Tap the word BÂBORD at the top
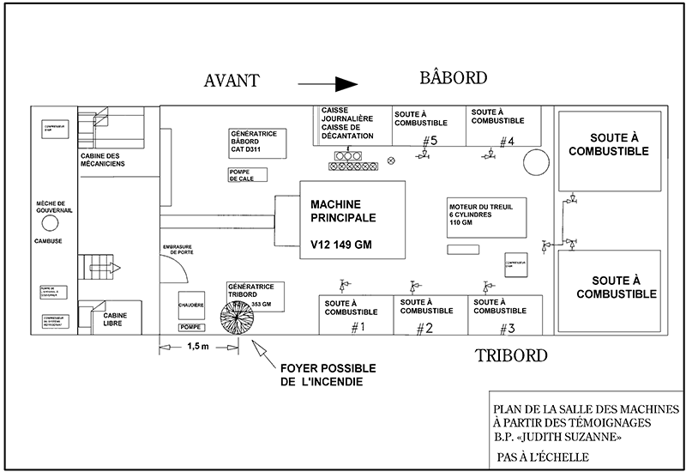pyautogui.click(x=454, y=78)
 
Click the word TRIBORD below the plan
pyautogui.click(x=511, y=354)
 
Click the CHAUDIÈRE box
pyautogui.click(x=190, y=305)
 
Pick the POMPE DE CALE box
pyautogui.click(x=247, y=175)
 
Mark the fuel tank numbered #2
pyautogui.click(x=430, y=316)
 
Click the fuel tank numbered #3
pyautogui.click(x=505, y=316)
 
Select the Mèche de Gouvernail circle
pyautogui.click(x=51, y=221)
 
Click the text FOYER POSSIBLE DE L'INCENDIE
pyautogui.click(x=321, y=375)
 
